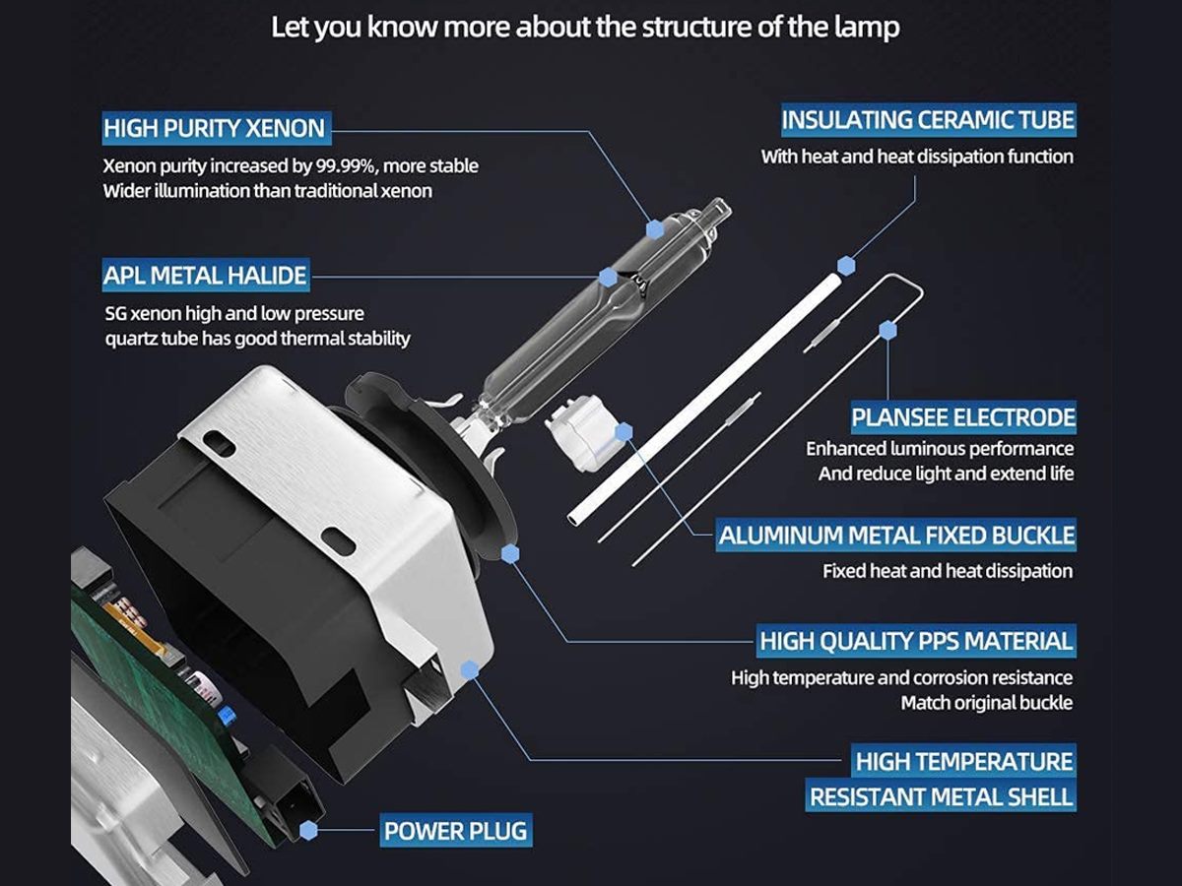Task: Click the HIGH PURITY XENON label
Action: (x=217, y=128)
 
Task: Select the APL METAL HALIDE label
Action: (x=206, y=276)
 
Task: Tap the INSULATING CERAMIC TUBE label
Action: (x=929, y=120)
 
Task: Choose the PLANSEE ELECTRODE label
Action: (x=963, y=417)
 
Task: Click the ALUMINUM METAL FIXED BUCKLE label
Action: (x=896, y=536)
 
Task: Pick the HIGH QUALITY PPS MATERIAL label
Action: (x=916, y=641)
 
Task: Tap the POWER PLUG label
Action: (x=456, y=831)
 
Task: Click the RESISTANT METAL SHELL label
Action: (x=941, y=796)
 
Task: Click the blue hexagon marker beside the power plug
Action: (x=308, y=831)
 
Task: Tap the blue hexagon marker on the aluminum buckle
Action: (x=624, y=432)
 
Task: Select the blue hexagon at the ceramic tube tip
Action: (x=846, y=266)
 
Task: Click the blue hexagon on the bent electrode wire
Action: (x=888, y=330)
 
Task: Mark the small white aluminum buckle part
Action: (x=580, y=431)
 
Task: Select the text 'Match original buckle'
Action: (x=987, y=703)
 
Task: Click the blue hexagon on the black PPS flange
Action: (x=510, y=553)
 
